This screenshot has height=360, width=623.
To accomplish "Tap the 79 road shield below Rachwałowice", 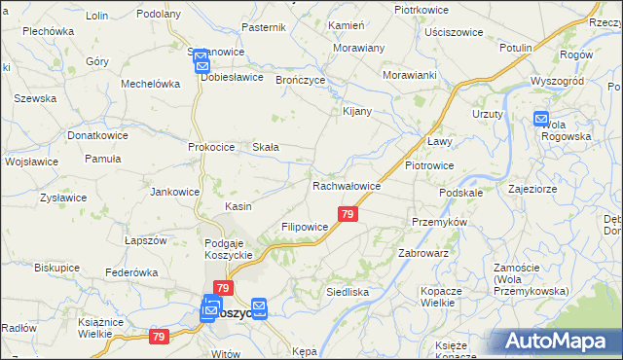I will click(348, 214).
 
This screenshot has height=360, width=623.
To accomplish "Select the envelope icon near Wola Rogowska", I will click(542, 119).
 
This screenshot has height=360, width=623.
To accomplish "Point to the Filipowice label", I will click(306, 226).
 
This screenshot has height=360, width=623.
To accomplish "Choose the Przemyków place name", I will click(440, 222).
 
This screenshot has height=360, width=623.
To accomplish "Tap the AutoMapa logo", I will click(559, 341).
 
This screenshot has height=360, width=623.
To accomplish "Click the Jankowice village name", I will click(174, 192).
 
